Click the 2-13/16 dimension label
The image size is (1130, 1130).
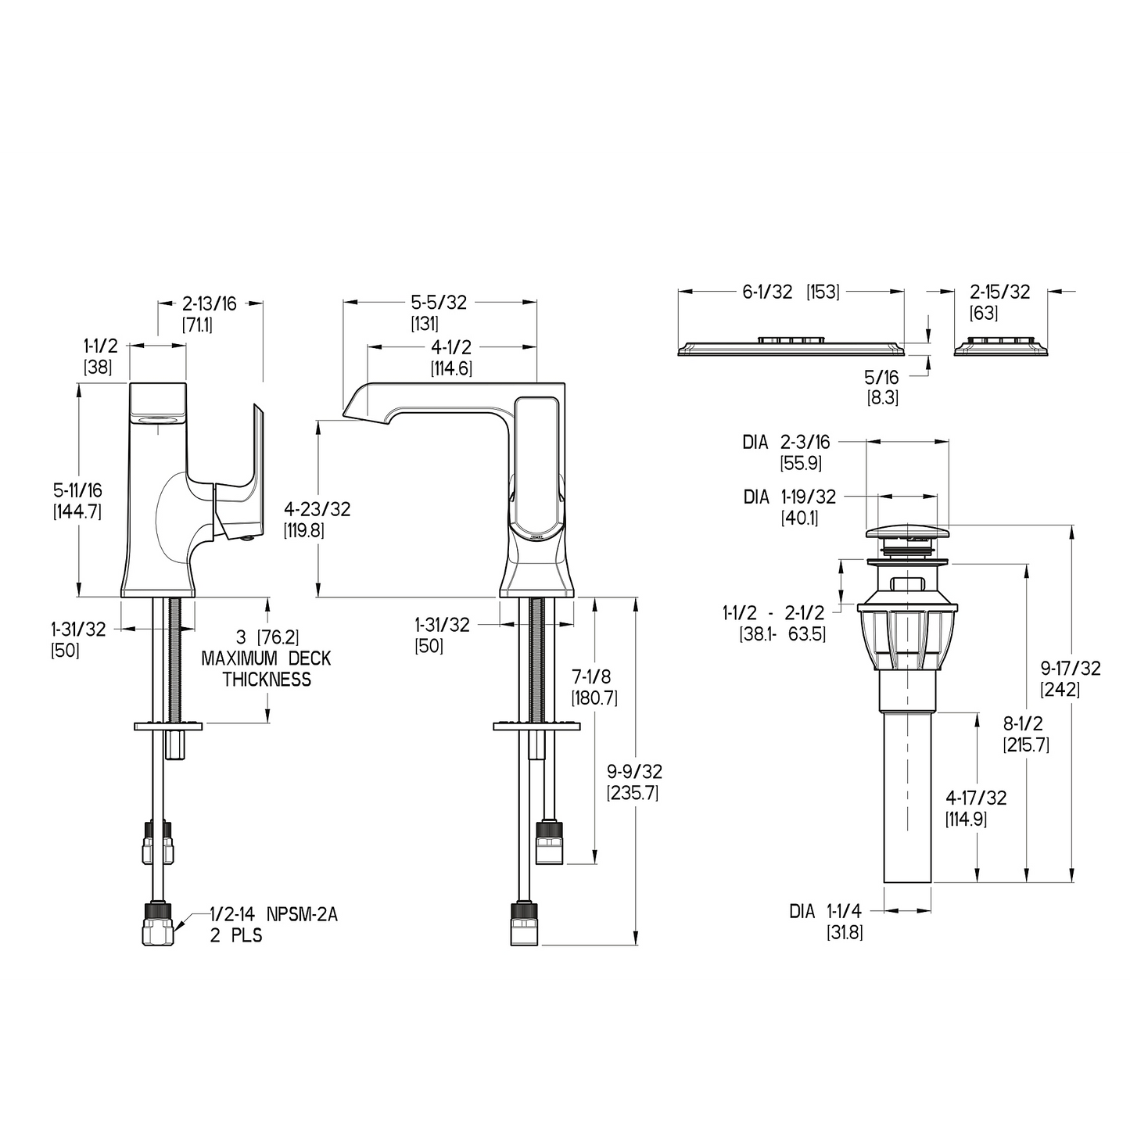(209, 303)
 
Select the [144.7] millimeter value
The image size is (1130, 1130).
(77, 511)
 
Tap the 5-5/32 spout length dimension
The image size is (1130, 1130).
(439, 303)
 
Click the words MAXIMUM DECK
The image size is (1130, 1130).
(266, 658)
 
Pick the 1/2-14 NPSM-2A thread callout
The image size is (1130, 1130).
(274, 913)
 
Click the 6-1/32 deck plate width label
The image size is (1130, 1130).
(767, 292)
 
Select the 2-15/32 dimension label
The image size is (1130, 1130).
(1000, 292)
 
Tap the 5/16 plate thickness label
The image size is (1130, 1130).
(881, 378)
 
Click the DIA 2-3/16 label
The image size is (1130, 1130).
(786, 443)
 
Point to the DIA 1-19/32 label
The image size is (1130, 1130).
(789, 497)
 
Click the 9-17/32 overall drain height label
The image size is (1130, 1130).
(1071, 668)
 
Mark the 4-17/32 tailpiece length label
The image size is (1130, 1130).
(976, 798)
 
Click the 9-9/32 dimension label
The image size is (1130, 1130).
(634, 772)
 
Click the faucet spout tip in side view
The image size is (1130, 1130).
(355, 408)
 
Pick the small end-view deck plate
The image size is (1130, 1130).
(1000, 348)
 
